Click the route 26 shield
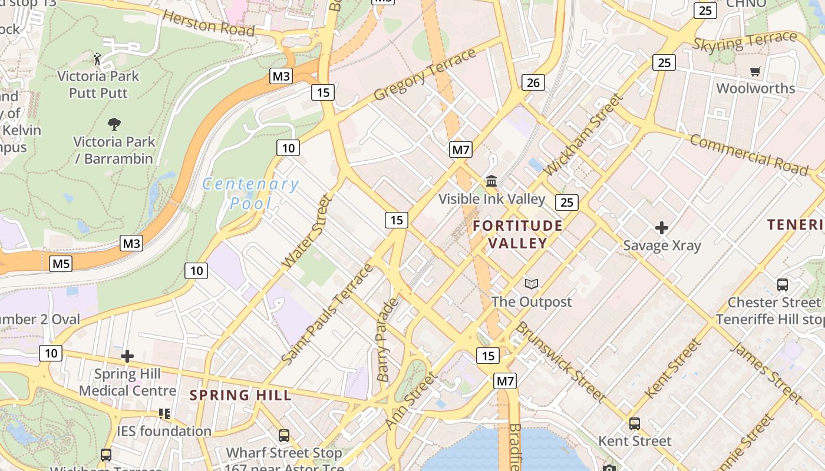tap(533, 82)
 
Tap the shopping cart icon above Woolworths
tap(755, 71)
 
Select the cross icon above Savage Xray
tap(662, 227)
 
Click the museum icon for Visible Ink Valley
tap(491, 180)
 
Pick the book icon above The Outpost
tap(532, 284)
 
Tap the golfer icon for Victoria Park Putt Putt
tap(98, 59)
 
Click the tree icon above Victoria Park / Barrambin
tap(114, 124)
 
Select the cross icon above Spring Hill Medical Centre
tap(127, 356)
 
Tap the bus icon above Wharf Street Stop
tap(284, 436)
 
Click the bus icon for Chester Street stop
tap(783, 285)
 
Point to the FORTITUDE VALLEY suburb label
tap(517, 234)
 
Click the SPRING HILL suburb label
tap(240, 395)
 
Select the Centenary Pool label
tap(250, 194)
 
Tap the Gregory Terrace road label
tap(424, 74)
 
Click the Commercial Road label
tap(748, 154)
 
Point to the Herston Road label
tap(208, 23)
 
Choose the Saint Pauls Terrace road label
tap(328, 313)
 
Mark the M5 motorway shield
tap(61, 263)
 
